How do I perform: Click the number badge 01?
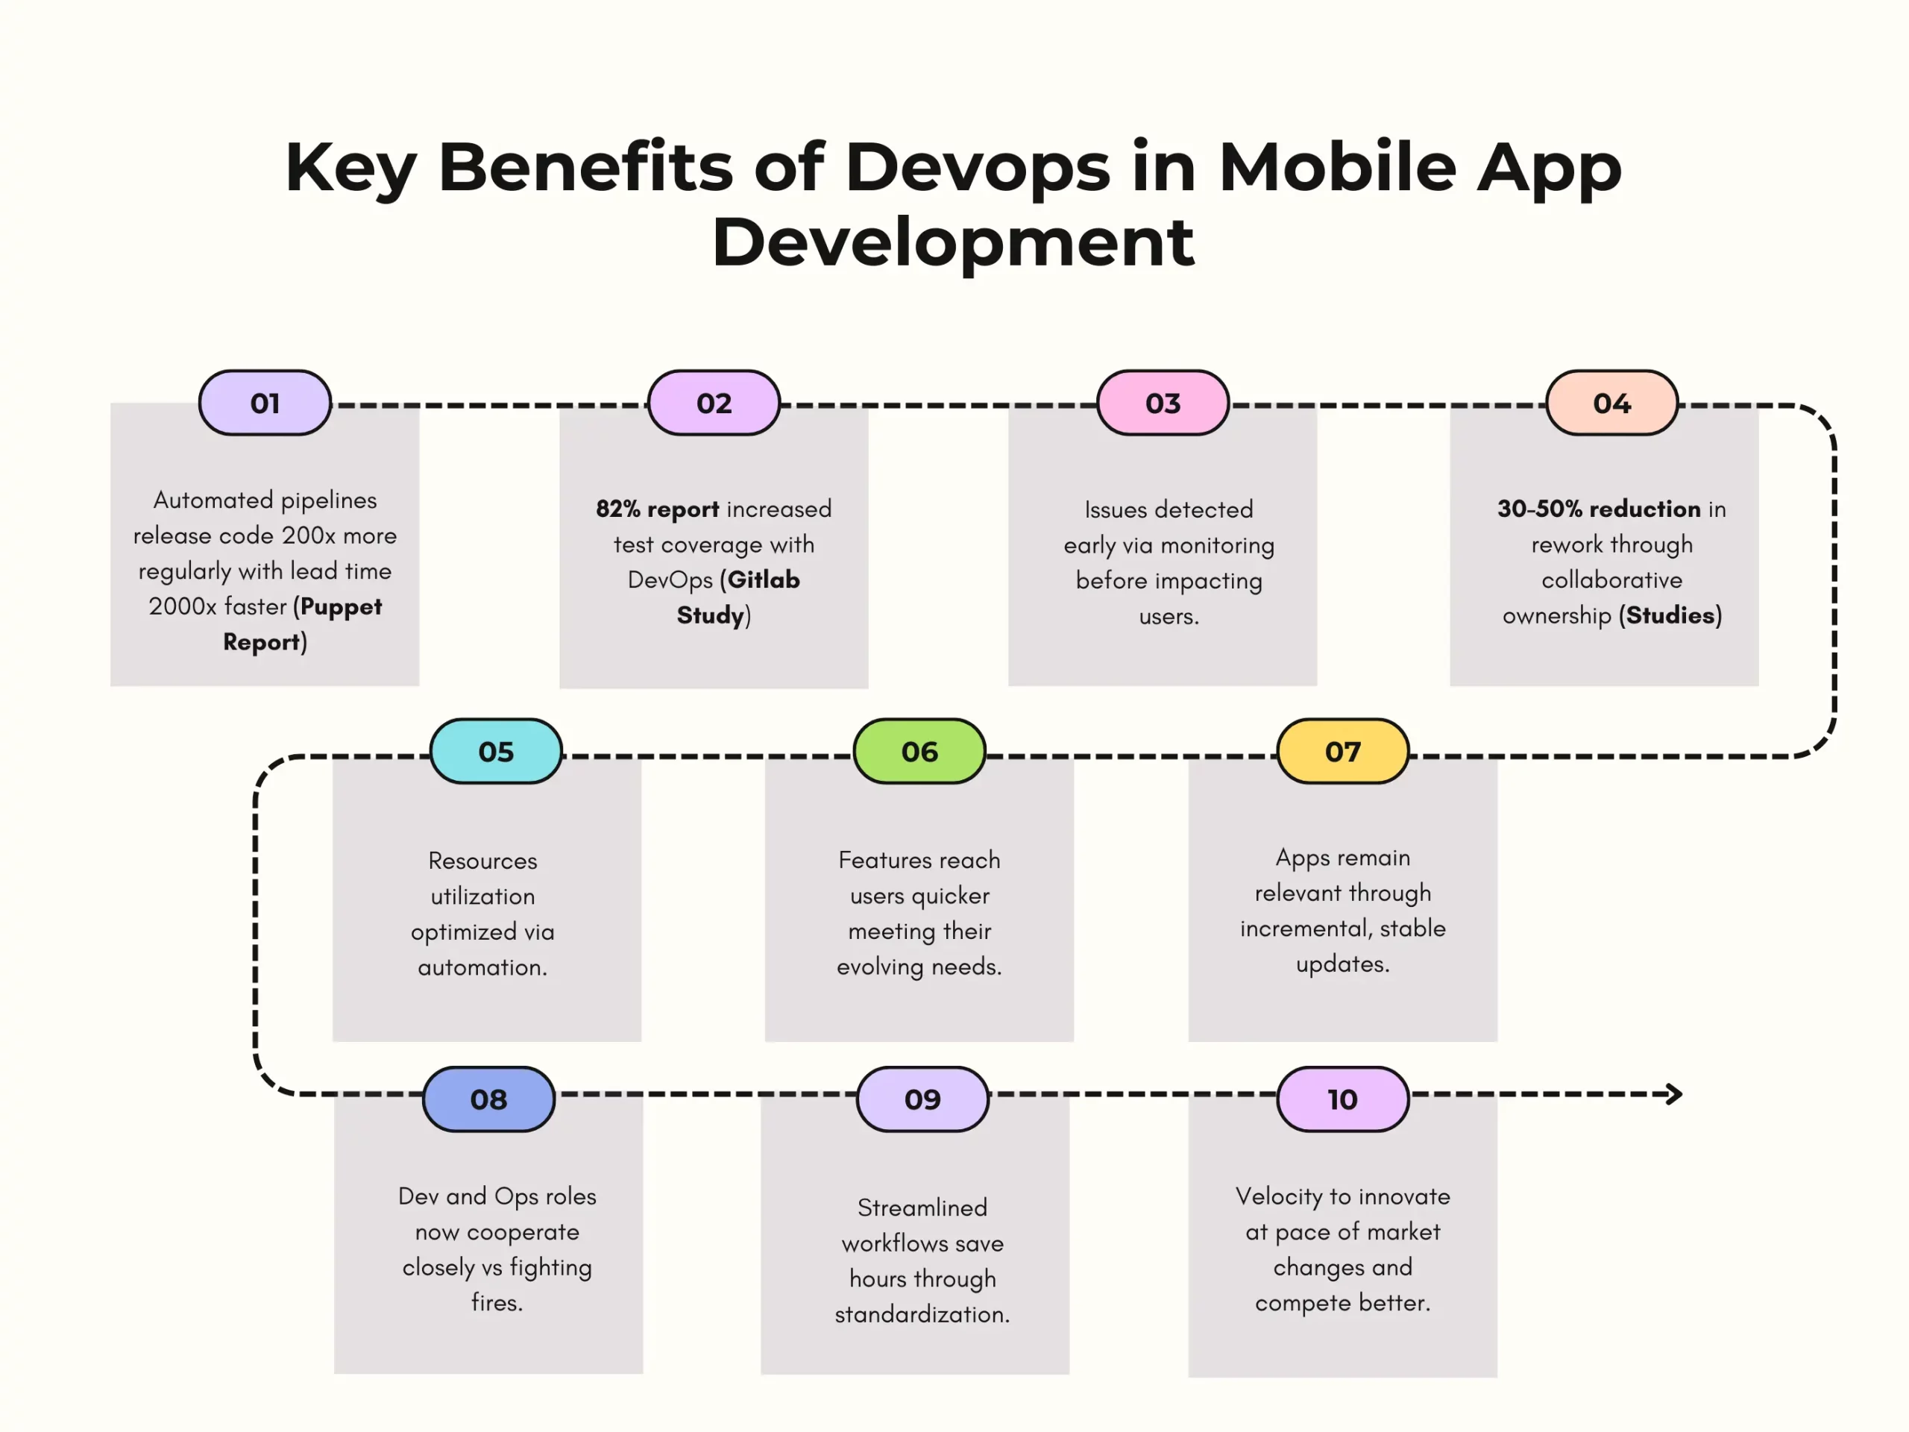pos(265,403)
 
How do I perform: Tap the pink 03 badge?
pos(1163,403)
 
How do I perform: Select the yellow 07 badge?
pos(1343,752)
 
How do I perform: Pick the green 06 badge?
pos(919,752)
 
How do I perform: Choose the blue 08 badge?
pos(488,1099)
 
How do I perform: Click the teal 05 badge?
pos(496,752)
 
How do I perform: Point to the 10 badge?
pos(1343,1099)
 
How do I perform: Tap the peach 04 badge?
pos(1612,403)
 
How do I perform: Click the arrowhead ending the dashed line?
pos(1674,1094)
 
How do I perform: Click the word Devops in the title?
pos(978,166)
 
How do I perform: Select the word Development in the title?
pos(953,242)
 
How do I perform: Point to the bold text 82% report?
pos(657,509)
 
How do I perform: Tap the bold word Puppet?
pos(341,607)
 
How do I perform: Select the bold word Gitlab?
pos(763,580)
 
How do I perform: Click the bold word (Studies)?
pos(1670,615)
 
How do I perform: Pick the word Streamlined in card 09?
pos(922,1208)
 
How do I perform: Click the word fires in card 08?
pos(496,1302)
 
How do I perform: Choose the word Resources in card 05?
pos(482,861)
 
